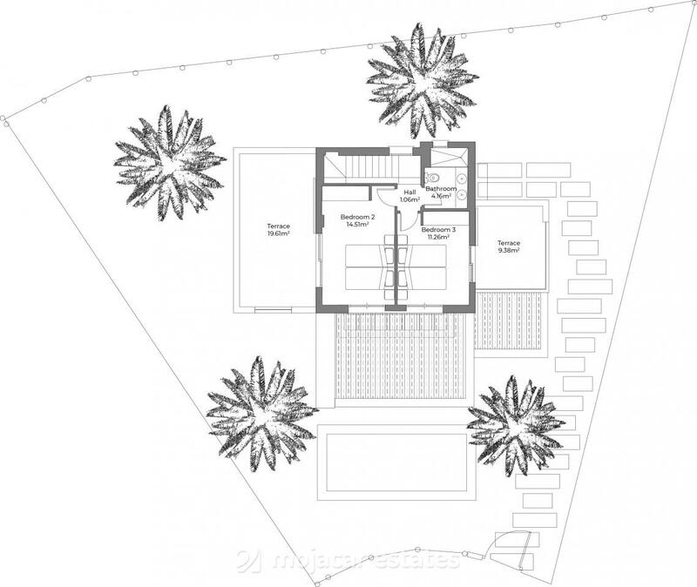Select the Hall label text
(x=409, y=192)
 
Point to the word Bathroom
(x=442, y=188)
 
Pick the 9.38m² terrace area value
(x=509, y=251)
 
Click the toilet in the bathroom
(x=433, y=177)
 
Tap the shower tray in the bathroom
(x=451, y=156)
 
